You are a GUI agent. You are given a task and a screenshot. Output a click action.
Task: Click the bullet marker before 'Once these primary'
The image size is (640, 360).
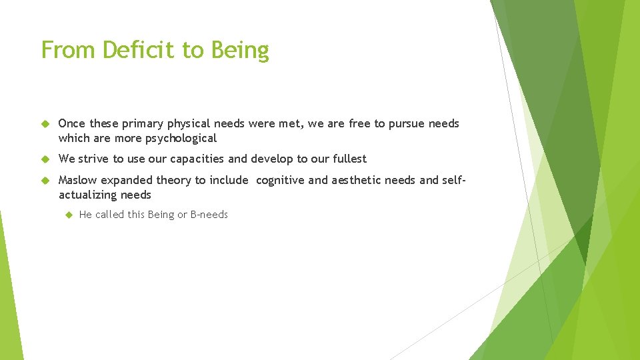45,124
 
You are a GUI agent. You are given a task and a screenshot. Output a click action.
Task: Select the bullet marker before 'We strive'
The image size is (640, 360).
45,159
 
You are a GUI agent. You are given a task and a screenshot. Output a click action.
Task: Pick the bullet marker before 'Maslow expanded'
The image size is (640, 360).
45,181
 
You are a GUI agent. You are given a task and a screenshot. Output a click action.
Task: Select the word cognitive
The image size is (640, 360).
280,180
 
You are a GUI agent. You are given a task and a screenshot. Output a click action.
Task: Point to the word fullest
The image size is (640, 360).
349,159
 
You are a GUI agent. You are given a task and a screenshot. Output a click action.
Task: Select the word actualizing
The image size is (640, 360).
88,195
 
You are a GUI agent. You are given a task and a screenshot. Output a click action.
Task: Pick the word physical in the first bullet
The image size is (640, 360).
189,124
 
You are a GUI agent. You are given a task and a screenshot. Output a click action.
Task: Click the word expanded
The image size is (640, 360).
127,181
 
